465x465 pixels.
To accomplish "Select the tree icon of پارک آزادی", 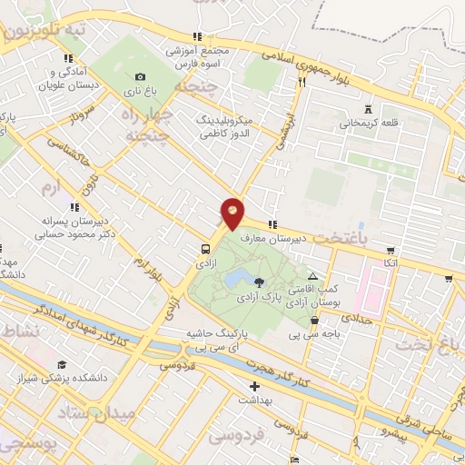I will (x=262, y=283).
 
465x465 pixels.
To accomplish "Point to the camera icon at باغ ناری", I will (x=139, y=77).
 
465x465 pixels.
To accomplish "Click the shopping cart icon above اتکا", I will (x=391, y=251).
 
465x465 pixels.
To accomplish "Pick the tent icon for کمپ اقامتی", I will (x=313, y=276).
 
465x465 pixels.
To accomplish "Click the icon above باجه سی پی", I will (x=314, y=320).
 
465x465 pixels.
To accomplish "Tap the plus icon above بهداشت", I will (x=255, y=387).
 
